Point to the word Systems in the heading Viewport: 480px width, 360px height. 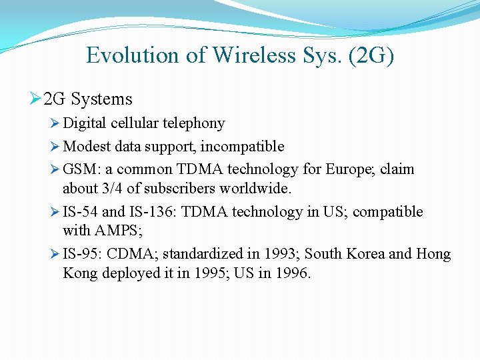[102, 99]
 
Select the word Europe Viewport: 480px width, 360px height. [351, 169]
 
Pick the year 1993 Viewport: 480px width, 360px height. [281, 254]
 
